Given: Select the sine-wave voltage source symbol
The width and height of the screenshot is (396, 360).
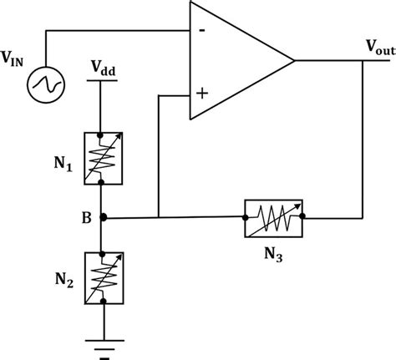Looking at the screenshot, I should pyautogui.click(x=43, y=84).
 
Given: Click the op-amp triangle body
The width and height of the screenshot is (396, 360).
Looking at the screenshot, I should pyautogui.click(x=226, y=60).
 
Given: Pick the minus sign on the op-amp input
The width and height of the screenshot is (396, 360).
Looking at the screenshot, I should pyautogui.click(x=201, y=32).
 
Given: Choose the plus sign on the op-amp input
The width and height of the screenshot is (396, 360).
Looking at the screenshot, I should pyautogui.click(x=201, y=93).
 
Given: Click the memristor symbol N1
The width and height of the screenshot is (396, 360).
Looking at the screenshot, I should pyautogui.click(x=102, y=157).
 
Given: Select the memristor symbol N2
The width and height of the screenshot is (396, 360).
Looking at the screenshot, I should pyautogui.click(x=102, y=276).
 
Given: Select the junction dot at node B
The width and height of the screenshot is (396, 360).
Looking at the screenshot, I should pyautogui.click(x=102, y=219).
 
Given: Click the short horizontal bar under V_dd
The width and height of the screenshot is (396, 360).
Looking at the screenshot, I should pyautogui.click(x=102, y=81).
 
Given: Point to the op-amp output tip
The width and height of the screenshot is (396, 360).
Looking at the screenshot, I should pyautogui.click(x=295, y=60).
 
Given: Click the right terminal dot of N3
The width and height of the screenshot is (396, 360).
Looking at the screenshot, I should pyautogui.click(x=305, y=219).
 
